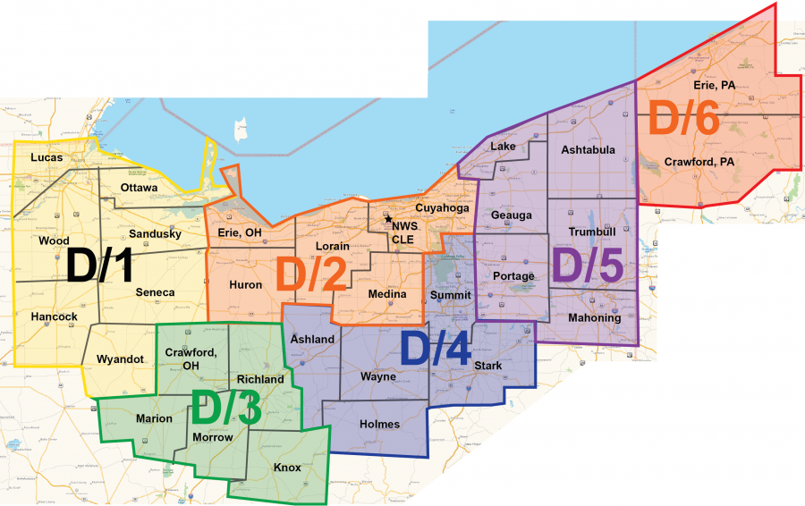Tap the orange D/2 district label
tap(310, 274)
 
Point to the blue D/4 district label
tap(436, 348)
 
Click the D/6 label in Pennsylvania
tap(684, 120)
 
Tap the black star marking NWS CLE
tap(388, 219)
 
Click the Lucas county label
tap(47, 157)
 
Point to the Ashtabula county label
tap(588, 150)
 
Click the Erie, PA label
tap(713, 85)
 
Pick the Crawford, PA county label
tap(699, 162)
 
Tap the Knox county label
tap(288, 468)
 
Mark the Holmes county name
tap(380, 424)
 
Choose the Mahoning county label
tap(595, 318)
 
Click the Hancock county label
tap(54, 316)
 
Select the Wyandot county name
tap(120, 359)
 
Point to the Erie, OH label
tap(240, 233)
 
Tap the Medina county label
tap(387, 294)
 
